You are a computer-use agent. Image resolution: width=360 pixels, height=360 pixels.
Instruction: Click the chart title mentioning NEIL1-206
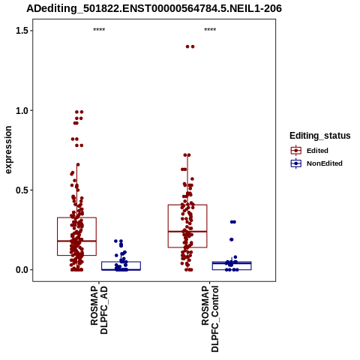tap(154, 9)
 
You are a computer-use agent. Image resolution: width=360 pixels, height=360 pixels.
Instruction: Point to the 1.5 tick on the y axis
tap(21, 31)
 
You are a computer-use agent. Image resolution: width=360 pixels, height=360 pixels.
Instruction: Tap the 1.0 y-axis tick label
tap(21, 110)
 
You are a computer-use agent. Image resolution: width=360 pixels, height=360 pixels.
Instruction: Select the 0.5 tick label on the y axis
tap(21, 190)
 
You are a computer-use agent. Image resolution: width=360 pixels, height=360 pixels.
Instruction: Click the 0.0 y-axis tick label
tap(21, 270)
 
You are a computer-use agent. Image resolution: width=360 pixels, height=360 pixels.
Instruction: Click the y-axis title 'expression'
tap(8, 150)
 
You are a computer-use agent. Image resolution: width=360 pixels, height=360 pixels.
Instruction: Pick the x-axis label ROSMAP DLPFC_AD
tap(99, 310)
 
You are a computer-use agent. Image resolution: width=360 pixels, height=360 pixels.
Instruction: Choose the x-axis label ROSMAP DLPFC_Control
tap(210, 319)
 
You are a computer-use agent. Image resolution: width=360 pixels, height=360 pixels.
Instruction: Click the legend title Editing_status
tap(320, 136)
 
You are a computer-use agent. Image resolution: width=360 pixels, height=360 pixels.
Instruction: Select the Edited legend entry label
tap(317, 151)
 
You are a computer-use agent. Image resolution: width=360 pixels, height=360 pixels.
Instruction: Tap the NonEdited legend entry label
tap(325, 163)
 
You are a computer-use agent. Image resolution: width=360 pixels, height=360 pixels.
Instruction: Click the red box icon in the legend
tap(296, 151)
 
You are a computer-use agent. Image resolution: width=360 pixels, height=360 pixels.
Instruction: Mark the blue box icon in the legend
tap(296, 163)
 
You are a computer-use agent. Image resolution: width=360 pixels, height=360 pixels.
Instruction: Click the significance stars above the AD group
tap(99, 30)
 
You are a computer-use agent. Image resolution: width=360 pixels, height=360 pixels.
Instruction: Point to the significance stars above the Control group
tap(210, 30)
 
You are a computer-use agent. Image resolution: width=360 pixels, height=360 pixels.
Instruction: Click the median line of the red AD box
tap(76, 241)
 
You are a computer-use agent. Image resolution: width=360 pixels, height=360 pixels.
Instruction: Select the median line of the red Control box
tap(187, 232)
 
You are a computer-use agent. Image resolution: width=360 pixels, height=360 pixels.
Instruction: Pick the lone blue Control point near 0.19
tap(232, 239)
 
